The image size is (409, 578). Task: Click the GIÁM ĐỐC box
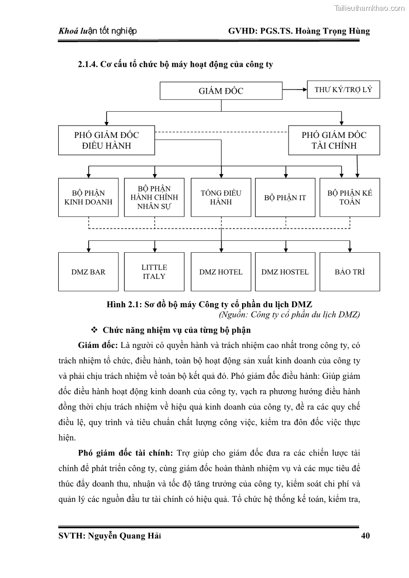coord(221,91)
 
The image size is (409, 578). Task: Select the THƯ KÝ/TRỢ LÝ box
coord(343,90)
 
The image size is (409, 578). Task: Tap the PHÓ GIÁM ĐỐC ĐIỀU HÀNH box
coord(106,140)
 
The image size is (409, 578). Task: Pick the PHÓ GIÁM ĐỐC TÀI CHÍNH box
coord(334,140)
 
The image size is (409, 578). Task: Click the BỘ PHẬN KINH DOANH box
coord(88,197)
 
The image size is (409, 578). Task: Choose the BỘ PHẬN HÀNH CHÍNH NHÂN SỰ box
coord(154,197)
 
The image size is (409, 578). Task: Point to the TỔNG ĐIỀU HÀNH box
coord(220,197)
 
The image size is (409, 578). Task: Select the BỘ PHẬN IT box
coord(285,197)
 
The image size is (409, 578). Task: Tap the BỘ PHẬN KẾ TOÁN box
coord(350,197)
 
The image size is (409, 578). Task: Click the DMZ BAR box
coord(88,272)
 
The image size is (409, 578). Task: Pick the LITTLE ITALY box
coord(154,272)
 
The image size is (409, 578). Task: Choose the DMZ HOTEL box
coord(220,272)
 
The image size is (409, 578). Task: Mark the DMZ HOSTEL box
coord(285,272)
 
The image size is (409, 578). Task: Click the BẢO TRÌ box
coord(350,272)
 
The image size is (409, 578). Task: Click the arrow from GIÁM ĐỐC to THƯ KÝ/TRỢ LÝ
coord(295,90)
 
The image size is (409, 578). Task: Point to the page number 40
coord(365,536)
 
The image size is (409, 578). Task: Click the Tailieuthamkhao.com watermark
coord(369,8)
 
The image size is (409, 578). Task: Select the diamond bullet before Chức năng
coord(94,329)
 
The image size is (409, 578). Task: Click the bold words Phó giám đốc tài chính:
coord(126,453)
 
